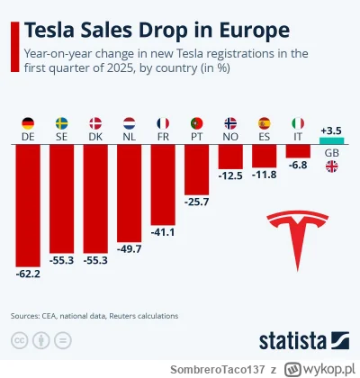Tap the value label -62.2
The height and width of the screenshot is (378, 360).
pyautogui.click(x=28, y=271)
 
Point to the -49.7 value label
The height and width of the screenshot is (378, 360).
pyautogui.click(x=130, y=249)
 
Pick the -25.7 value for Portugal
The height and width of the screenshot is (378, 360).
pyautogui.click(x=197, y=202)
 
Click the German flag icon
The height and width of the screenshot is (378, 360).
pyautogui.click(x=28, y=122)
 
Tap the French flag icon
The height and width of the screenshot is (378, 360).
pyautogui.click(x=163, y=122)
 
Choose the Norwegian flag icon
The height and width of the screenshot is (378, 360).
pyautogui.click(x=230, y=122)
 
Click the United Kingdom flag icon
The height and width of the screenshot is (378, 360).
pyautogui.click(x=331, y=165)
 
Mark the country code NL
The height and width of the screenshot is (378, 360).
pyautogui.click(x=130, y=137)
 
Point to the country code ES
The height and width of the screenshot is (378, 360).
pyautogui.click(x=264, y=137)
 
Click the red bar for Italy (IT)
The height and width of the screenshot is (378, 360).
pyautogui.click(x=298, y=151)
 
